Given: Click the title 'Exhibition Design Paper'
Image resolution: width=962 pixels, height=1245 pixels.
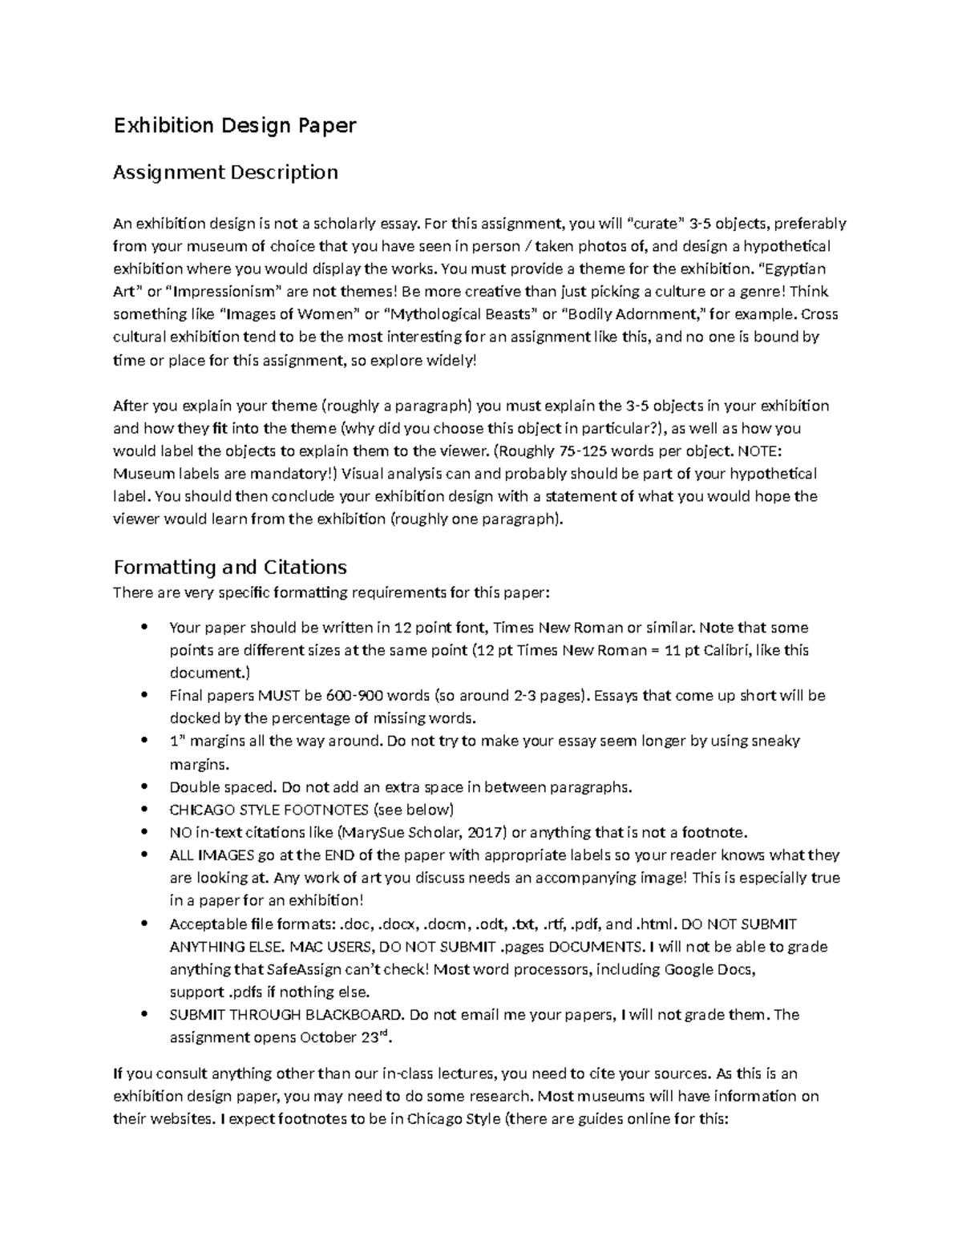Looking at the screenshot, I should (x=234, y=126).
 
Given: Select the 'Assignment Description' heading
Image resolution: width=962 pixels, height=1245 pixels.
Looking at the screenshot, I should (x=225, y=172).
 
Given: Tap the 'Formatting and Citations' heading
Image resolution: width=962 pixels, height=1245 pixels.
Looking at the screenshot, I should (x=230, y=568).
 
